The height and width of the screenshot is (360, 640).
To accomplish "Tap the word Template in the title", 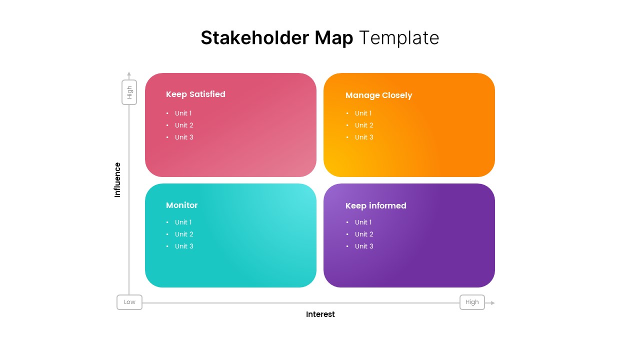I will (399, 38).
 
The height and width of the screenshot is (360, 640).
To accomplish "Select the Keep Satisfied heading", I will (195, 94).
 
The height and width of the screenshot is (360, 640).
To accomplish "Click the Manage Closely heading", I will (378, 95).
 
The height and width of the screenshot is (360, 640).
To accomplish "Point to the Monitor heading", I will (181, 205).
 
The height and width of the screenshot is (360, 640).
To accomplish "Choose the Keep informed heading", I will (375, 205).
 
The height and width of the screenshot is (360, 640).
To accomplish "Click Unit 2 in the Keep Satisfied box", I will (184, 125).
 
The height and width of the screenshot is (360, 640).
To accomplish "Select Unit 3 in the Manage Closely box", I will (364, 137).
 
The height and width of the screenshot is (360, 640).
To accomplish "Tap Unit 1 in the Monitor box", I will (183, 222).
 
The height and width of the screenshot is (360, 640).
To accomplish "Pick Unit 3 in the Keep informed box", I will (364, 246).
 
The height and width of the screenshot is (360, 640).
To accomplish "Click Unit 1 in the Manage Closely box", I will (363, 113).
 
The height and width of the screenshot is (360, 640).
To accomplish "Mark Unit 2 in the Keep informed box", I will (364, 234).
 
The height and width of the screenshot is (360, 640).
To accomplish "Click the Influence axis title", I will (117, 179).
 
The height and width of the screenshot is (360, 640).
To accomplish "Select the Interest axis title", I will (320, 314).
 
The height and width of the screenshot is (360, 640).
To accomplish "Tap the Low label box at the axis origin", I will (129, 302).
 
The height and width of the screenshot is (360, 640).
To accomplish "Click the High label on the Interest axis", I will (472, 302).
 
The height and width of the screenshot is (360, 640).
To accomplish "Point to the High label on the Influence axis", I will (129, 92).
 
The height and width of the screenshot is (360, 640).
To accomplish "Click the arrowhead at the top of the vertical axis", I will (129, 74).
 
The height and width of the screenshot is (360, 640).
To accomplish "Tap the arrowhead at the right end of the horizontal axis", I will (492, 303).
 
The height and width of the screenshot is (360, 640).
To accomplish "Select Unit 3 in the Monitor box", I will (184, 246).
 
